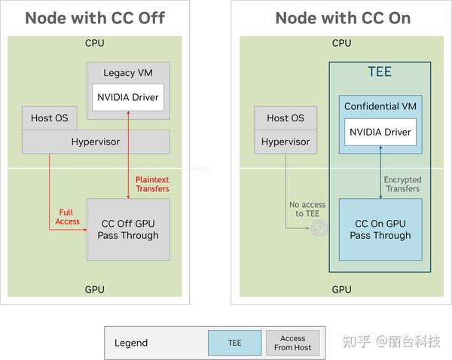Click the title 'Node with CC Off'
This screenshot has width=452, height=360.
[x=95, y=18]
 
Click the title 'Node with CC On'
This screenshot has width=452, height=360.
[x=343, y=18]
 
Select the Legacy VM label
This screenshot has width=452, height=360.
[x=128, y=72]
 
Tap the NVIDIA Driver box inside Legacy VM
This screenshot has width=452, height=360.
[x=128, y=97]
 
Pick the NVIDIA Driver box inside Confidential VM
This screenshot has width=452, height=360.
[x=380, y=133]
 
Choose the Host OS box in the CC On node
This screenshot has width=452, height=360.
[x=286, y=118]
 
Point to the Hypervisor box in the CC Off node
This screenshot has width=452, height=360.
[x=95, y=142]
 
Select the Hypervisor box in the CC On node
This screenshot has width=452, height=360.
[x=286, y=142]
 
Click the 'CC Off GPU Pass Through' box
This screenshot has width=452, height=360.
[x=128, y=229]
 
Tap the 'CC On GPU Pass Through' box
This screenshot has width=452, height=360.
[x=380, y=229]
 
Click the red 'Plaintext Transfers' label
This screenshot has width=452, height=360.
[x=152, y=184]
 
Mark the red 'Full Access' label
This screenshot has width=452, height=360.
[x=69, y=217]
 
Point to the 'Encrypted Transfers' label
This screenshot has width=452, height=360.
[x=402, y=184]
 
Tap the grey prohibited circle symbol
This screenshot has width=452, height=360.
[x=319, y=228]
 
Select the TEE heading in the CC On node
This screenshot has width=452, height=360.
[x=380, y=73]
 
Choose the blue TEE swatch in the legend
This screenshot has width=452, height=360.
[x=234, y=343]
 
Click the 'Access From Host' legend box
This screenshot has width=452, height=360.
[x=293, y=343]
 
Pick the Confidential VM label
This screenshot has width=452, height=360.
[x=380, y=106]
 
